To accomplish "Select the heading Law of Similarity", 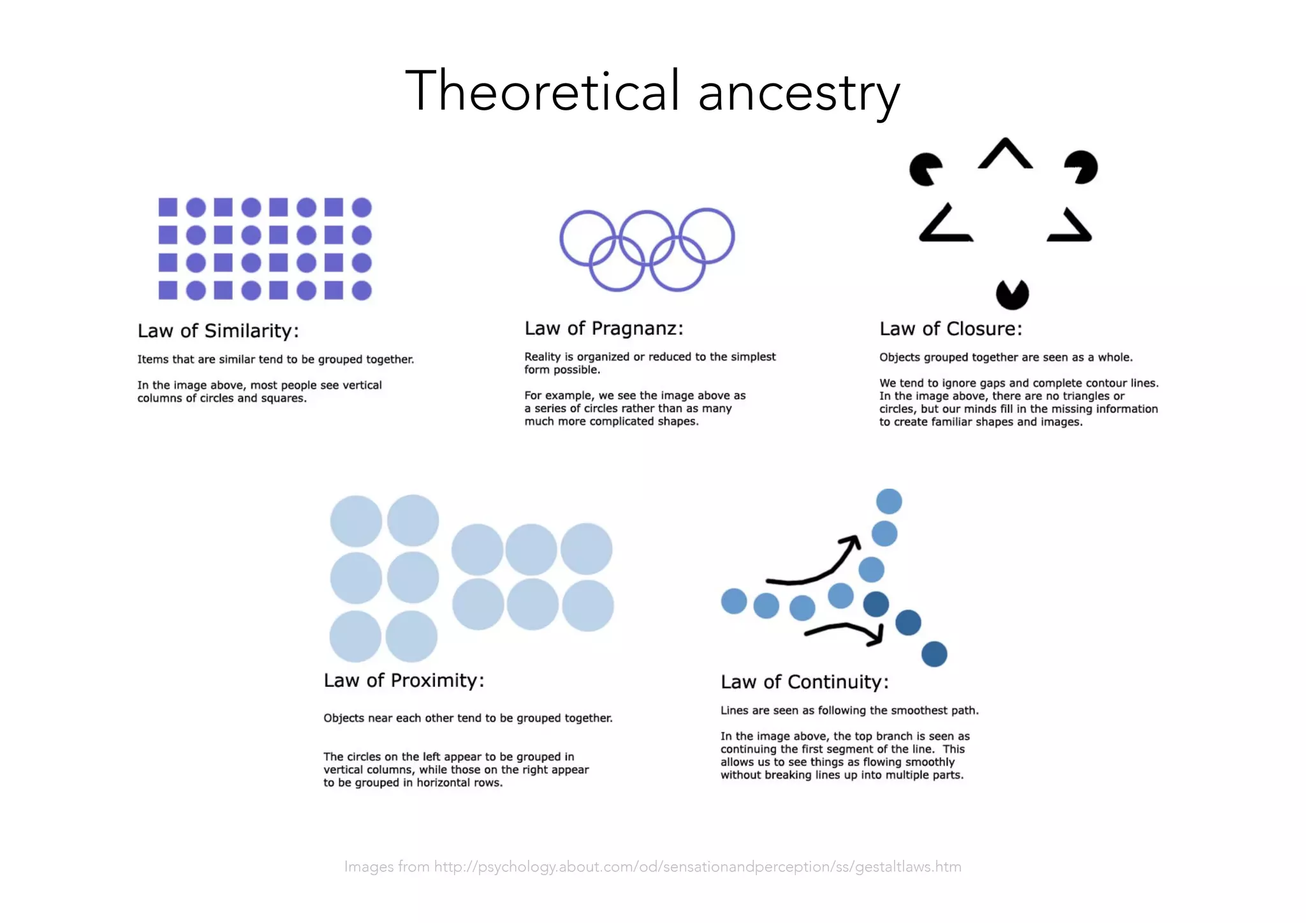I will pyautogui.click(x=218, y=330).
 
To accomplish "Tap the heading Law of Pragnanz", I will pyautogui.click(x=603, y=329).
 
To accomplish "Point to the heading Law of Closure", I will pyautogui.click(x=950, y=329).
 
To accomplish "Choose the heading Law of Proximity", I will pyautogui.click(x=404, y=681).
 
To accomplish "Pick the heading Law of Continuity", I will pyautogui.click(x=804, y=682).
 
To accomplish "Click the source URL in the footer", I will pyautogui.click(x=698, y=866).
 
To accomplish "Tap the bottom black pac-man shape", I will pyautogui.click(x=1012, y=295).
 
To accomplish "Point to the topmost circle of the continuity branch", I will pyautogui.click(x=889, y=501).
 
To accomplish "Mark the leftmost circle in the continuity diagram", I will pyautogui.click(x=734, y=601).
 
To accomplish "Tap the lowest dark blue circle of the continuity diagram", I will pyautogui.click(x=934, y=654).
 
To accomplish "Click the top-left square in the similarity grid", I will pyautogui.click(x=168, y=207).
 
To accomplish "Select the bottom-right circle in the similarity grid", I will pyautogui.click(x=362, y=291).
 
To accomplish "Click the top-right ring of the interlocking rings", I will pyautogui.click(x=707, y=236).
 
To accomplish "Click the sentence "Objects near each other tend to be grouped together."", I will pyautogui.click(x=467, y=718).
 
